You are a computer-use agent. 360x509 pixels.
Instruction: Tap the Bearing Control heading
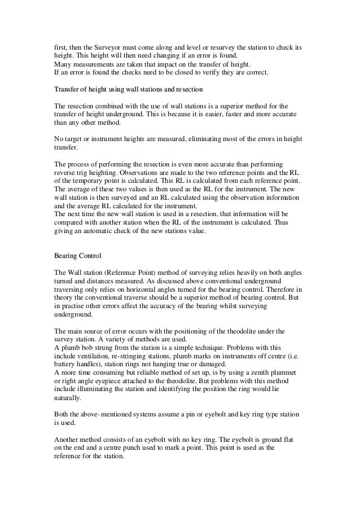(x=77, y=256)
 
